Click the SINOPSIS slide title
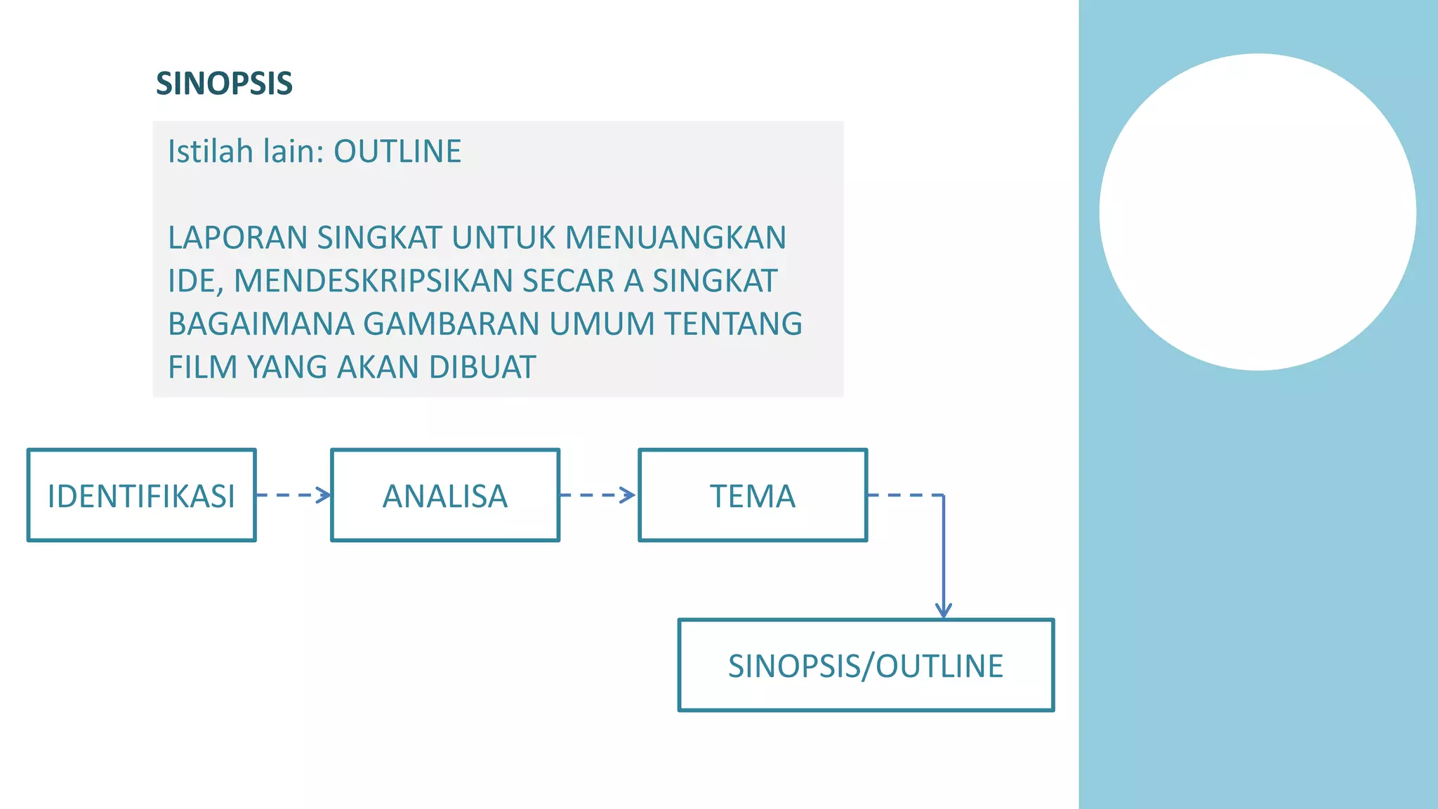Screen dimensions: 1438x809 [x=224, y=84]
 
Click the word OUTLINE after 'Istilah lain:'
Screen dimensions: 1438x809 [x=397, y=152]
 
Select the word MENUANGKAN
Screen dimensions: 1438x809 [x=675, y=238]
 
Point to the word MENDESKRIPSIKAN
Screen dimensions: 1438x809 [x=373, y=281]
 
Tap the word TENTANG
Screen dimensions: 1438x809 [x=733, y=324]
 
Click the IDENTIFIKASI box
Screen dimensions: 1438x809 [x=141, y=496]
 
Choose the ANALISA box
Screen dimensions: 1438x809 [x=445, y=496]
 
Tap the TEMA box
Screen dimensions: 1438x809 [x=753, y=496]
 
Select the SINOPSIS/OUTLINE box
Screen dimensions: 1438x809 [x=866, y=666]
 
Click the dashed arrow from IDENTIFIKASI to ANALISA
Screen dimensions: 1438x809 [x=293, y=495]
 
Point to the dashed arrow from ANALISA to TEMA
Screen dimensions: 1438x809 [x=598, y=495]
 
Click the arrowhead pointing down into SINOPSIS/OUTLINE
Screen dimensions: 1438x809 [x=943, y=610]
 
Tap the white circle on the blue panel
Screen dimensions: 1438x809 [x=1258, y=212]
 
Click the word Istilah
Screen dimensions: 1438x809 [x=210, y=152]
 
